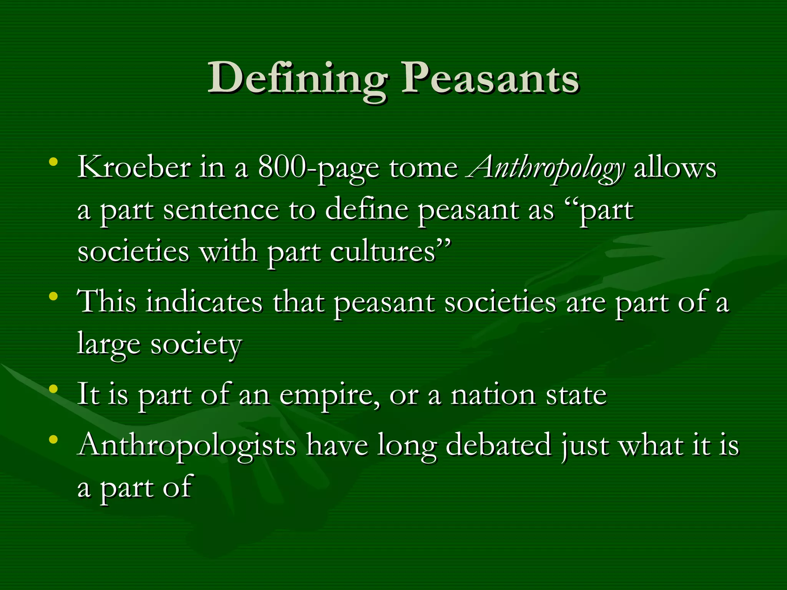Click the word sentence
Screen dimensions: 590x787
(221, 210)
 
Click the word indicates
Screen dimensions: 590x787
(204, 302)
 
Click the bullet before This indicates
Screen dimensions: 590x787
(53, 296)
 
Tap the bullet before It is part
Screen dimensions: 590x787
(53, 389)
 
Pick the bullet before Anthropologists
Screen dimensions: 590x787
(53, 439)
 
